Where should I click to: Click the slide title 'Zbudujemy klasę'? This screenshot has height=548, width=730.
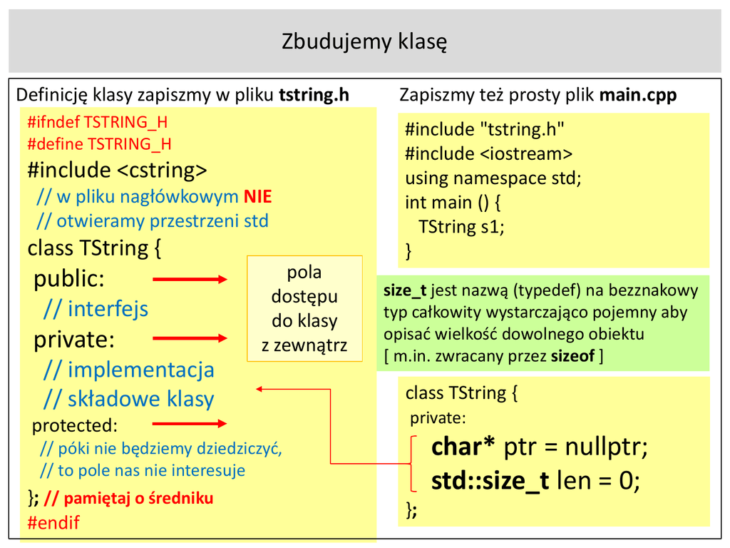click(364, 41)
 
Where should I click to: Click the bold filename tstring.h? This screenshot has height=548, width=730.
click(314, 95)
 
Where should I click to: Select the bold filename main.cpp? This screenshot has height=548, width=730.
click(638, 95)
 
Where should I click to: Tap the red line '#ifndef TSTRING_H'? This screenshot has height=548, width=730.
click(98, 122)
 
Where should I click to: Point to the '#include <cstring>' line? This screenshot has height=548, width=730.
click(117, 171)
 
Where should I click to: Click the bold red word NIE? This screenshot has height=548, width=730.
click(257, 197)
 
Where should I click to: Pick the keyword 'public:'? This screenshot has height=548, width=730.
click(69, 278)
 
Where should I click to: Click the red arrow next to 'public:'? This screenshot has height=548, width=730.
click(190, 279)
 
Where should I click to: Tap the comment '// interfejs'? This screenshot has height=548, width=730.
click(96, 309)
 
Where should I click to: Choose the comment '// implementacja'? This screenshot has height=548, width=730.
click(128, 370)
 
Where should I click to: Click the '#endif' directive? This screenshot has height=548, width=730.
click(53, 522)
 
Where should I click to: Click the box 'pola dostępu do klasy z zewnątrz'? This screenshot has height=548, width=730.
click(304, 309)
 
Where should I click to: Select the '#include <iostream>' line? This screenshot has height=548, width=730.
click(489, 153)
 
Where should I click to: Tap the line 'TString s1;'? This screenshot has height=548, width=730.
click(461, 227)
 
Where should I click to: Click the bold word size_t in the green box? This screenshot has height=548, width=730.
click(404, 290)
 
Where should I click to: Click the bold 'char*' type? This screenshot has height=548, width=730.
click(463, 447)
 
